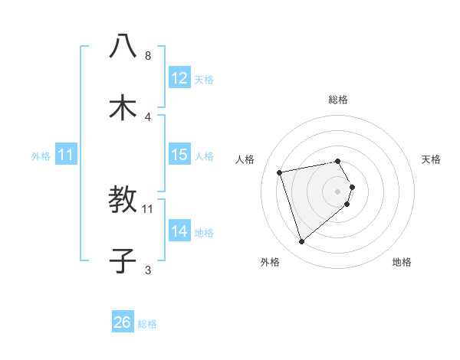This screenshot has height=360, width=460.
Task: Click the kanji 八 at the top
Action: (123, 47)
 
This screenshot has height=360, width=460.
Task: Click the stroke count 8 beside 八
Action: (148, 56)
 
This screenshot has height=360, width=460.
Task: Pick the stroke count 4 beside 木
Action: (148, 116)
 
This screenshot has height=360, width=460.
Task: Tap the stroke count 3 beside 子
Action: (148, 270)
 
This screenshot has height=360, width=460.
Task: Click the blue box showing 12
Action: (179, 78)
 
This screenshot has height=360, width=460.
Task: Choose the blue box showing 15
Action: (179, 155)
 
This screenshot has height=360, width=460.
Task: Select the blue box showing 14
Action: (179, 231)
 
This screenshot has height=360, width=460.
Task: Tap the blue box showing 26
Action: (123, 322)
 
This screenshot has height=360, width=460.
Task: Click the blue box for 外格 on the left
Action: (66, 155)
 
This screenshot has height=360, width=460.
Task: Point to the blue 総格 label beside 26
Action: (147, 324)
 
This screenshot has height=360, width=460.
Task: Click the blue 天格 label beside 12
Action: (204, 79)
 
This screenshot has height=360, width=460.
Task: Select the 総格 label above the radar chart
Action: (338, 100)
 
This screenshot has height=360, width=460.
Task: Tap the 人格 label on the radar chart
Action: (245, 159)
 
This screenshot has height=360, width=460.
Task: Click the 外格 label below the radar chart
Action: (269, 262)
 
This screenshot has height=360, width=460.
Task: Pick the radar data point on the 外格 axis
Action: (301, 242)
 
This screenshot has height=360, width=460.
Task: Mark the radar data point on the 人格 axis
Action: (280, 172)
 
